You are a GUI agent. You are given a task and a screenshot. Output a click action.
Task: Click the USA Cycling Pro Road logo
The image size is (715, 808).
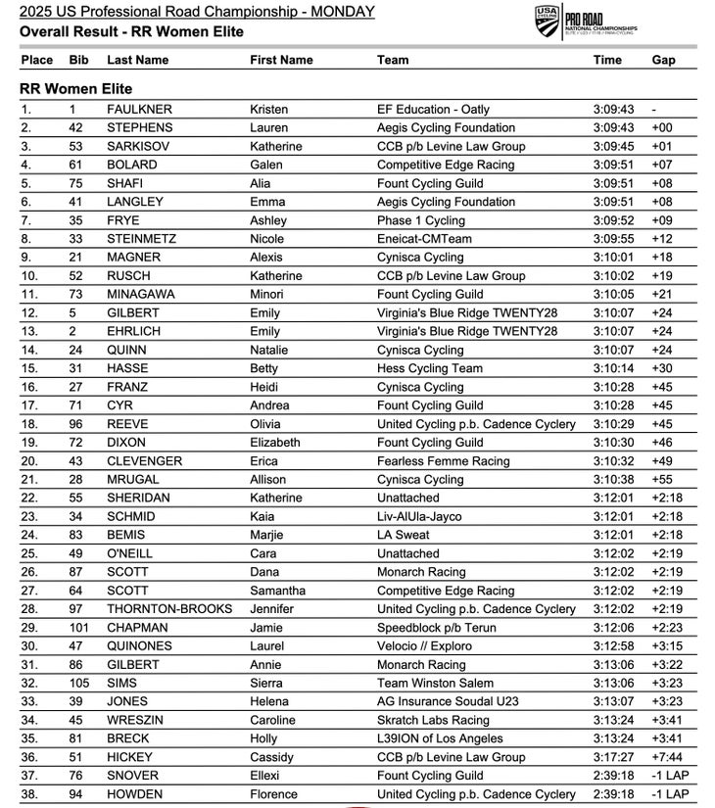[x=586, y=22]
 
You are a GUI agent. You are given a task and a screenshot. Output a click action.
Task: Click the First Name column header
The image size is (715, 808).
[x=281, y=60]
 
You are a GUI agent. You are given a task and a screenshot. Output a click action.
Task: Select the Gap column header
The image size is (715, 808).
[x=663, y=60]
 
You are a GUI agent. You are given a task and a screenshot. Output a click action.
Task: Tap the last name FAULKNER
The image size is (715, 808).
[x=139, y=110]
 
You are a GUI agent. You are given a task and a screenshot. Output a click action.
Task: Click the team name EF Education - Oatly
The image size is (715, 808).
[x=433, y=110]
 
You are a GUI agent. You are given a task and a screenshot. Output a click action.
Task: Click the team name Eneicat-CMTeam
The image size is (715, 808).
[x=426, y=239]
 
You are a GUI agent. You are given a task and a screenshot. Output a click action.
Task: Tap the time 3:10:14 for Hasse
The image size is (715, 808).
[x=613, y=369]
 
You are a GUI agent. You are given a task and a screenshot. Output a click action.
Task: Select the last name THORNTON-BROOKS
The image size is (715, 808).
[x=169, y=609]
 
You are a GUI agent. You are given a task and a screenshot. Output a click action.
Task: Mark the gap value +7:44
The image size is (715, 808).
[x=668, y=757]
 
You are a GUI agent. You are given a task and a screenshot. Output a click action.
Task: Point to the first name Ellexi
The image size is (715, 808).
[x=267, y=776]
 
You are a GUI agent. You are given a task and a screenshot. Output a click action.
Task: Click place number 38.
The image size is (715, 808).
[x=29, y=794]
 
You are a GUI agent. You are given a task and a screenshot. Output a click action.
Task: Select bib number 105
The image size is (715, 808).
[x=79, y=684]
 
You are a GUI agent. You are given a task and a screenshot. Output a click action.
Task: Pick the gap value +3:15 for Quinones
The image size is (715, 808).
[x=668, y=646]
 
